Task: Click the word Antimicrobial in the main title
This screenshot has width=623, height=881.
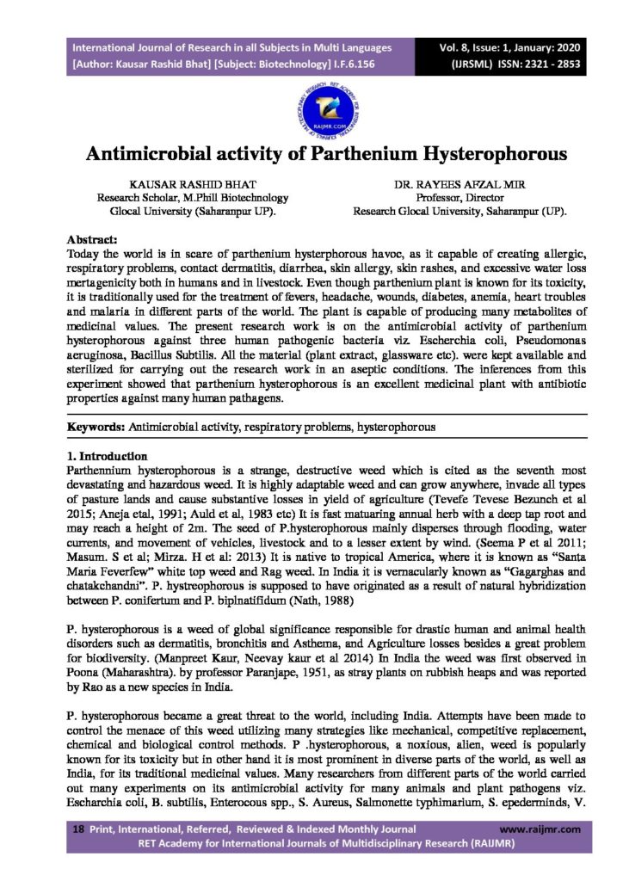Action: click(164, 155)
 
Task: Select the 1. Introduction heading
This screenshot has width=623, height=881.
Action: click(107, 455)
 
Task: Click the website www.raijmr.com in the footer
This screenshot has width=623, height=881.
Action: click(540, 829)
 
